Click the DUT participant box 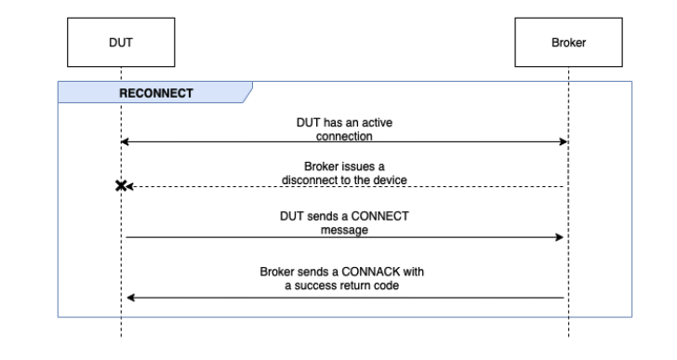(x=121, y=43)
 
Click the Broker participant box (x=568, y=43)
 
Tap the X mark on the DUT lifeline (x=121, y=186)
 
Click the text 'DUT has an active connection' (x=345, y=128)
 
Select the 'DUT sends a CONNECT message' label (x=345, y=222)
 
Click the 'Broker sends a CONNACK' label (x=345, y=278)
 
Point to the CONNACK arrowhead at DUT (x=131, y=298)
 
